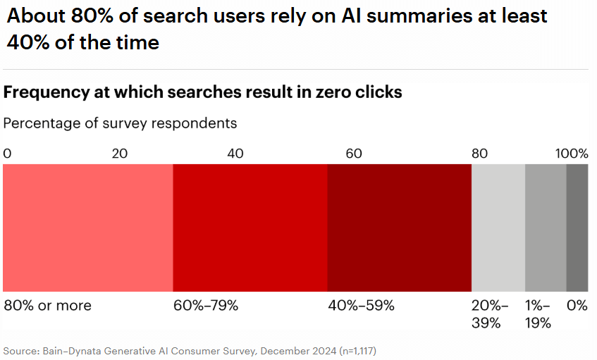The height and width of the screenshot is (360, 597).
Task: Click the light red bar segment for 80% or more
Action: coord(88,228)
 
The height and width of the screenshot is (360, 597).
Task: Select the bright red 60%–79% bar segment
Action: coord(250,228)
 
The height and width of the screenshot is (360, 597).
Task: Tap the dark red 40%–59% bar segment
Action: coord(399,228)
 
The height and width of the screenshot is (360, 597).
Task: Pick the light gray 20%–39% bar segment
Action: coord(498,228)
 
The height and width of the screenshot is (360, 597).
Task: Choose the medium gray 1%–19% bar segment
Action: coord(546,228)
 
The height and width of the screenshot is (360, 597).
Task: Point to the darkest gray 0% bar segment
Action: coord(577,228)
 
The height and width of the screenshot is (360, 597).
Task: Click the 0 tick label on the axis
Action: coord(7,154)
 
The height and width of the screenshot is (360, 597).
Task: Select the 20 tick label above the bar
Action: coord(121,154)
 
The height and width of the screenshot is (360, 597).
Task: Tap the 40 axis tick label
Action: coord(236,154)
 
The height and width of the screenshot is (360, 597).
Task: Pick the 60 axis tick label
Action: coord(353,154)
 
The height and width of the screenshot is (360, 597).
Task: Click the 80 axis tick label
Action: coord(479,154)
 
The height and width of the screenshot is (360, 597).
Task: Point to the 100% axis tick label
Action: coord(572,154)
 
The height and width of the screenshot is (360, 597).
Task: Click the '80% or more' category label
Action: coord(48,306)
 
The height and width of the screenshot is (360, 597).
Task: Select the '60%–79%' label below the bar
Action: coord(206,306)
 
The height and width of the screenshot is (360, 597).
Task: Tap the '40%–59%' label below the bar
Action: coord(361,306)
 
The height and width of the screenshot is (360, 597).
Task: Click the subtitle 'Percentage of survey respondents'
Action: coord(120,123)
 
